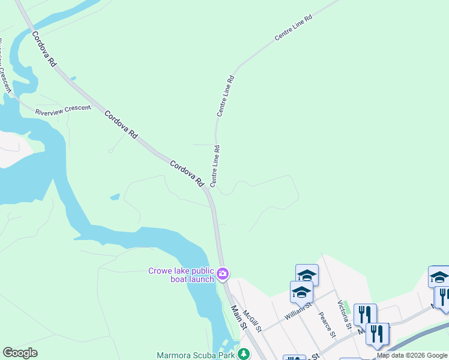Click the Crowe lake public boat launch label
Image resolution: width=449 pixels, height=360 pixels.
[181, 275]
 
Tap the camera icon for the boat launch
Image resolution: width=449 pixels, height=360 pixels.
[223, 274]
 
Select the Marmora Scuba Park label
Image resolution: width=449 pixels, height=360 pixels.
[195, 355]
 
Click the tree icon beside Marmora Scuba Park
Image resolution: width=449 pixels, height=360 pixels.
[244, 354]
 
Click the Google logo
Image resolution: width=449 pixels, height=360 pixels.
[20, 353]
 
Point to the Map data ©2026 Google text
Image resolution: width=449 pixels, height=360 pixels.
[412, 355]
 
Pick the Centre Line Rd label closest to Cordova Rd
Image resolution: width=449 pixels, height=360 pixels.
[214, 165]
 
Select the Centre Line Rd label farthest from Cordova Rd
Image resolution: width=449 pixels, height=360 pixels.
[294, 28]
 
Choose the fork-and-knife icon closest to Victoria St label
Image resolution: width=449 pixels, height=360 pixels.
[364, 314]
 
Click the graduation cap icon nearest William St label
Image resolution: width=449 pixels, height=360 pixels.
[301, 293]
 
